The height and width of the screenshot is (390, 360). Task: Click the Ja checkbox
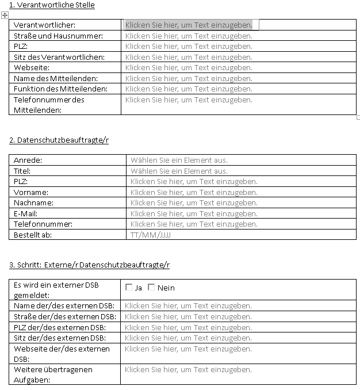pos(129,288)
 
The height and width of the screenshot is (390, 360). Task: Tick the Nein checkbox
pos(151,288)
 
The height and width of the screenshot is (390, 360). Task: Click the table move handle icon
pos(5,16)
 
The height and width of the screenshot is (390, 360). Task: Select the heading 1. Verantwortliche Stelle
pos(52,5)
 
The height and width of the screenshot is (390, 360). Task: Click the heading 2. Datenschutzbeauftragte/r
pos(59,140)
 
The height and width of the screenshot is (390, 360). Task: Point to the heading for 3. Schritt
pos(89,265)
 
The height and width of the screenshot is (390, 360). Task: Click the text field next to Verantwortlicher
pos(189,25)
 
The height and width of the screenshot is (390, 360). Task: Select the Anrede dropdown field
pos(179,160)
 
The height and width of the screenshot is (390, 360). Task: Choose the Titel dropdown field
pos(179,171)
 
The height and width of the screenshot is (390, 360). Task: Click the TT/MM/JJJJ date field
pos(151,235)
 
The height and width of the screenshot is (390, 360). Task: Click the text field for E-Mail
pos(194,213)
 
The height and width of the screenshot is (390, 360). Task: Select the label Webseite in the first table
pos(32,68)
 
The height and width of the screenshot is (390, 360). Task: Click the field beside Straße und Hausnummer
pos(189,36)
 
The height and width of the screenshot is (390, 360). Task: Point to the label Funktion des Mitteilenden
pos(60,89)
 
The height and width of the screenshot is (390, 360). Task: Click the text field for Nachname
pos(194,202)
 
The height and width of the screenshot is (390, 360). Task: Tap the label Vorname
pos(31,192)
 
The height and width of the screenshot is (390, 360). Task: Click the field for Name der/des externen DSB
pos(188,305)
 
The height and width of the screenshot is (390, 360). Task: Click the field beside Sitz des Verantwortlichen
pos(189,57)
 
